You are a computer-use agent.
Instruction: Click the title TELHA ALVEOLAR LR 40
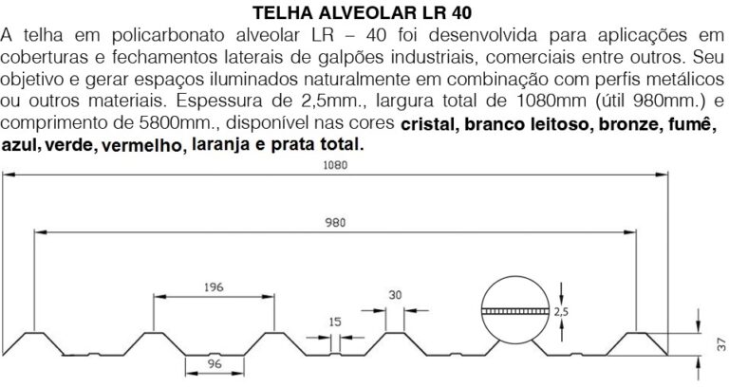coord(364,13)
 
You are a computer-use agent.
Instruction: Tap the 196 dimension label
coord(215,286)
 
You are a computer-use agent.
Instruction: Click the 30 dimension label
coord(395,294)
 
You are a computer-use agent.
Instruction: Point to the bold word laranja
coord(223,147)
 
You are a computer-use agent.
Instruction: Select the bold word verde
coord(66,148)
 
